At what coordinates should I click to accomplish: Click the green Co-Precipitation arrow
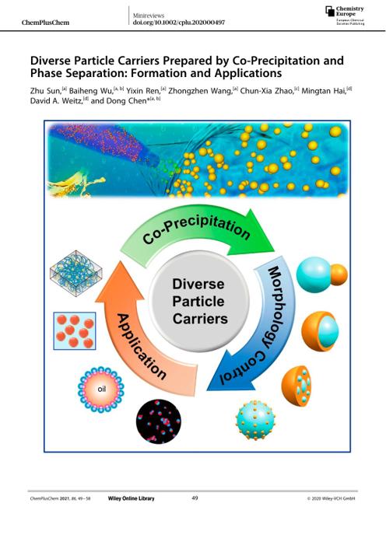pyautogui.click(x=195, y=226)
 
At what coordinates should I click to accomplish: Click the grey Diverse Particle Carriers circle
pyautogui.click(x=199, y=302)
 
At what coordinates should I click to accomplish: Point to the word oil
pyautogui.click(x=102, y=389)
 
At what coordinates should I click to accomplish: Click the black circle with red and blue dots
pyautogui.click(x=158, y=421)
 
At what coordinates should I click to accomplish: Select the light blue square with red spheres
pyautogui.click(x=75, y=330)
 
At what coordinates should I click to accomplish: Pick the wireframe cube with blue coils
pyautogui.click(x=76, y=273)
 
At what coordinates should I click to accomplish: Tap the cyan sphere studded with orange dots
pyautogui.click(x=255, y=421)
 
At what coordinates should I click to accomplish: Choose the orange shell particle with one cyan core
pyautogui.click(x=320, y=331)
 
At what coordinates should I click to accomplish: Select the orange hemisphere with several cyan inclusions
pyautogui.click(x=297, y=386)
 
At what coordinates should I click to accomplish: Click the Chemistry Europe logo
pyautogui.click(x=345, y=16)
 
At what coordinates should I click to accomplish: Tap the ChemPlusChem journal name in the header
pyautogui.click(x=45, y=23)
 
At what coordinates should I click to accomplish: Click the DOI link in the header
pyautogui.click(x=179, y=23)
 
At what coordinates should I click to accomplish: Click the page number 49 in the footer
pyautogui.click(x=195, y=498)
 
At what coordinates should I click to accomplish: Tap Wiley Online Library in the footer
pyautogui.click(x=131, y=498)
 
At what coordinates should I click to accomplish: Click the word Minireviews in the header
pyautogui.click(x=149, y=16)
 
